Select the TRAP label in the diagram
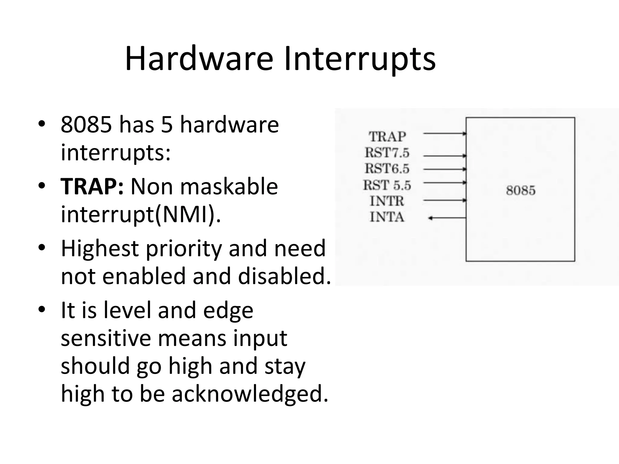[x=387, y=137]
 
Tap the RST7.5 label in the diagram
[x=387, y=153]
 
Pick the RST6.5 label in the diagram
[x=387, y=169]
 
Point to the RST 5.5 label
[x=387, y=185]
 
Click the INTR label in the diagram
[x=387, y=201]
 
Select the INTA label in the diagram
[x=387, y=217]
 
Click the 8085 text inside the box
[x=520, y=191]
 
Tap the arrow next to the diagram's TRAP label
[x=444, y=133]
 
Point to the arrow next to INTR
[x=444, y=200]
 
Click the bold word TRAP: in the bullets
[x=92, y=186]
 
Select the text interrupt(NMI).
[x=141, y=214]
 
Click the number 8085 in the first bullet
[x=86, y=124]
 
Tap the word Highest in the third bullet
[x=99, y=248]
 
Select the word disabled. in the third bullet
[x=284, y=276]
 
